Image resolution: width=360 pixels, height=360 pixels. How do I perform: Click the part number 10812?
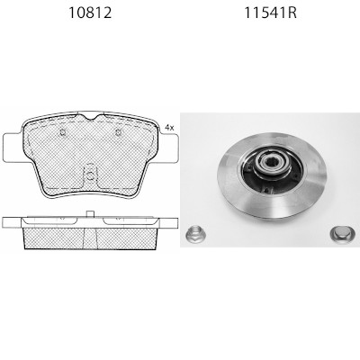90,13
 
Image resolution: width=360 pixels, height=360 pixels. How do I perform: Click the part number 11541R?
271,13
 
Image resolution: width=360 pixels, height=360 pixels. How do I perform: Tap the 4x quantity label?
169,128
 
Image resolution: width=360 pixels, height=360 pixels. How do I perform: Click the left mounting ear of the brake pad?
13,148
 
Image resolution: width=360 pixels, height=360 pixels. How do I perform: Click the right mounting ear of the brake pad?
167,148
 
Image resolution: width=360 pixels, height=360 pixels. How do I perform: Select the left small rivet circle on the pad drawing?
63,132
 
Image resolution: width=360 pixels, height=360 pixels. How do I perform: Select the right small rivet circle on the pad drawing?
118,132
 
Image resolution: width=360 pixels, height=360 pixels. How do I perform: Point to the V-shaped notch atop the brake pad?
90,115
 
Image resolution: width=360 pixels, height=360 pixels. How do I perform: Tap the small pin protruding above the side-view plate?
90,213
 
